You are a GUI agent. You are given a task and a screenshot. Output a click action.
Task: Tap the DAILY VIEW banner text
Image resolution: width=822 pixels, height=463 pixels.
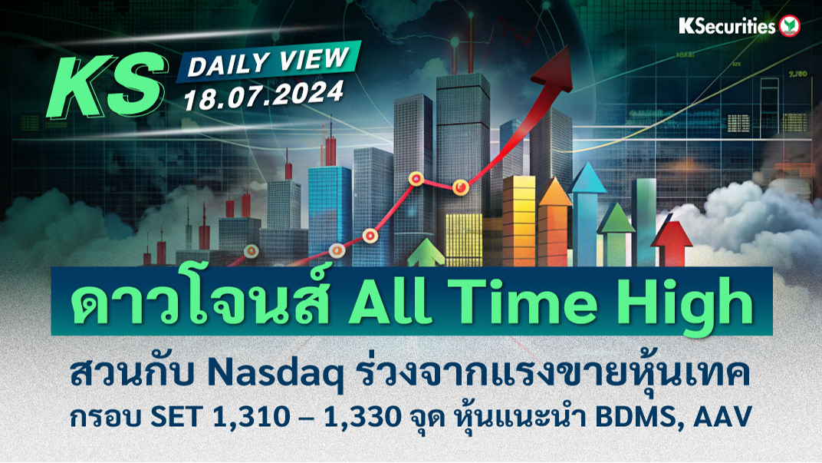[x=268, y=61]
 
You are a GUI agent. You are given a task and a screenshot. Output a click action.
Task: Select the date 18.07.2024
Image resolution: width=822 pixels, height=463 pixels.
[x=264, y=95]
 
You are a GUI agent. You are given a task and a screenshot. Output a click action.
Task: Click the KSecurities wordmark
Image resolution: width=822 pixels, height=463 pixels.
[x=727, y=26]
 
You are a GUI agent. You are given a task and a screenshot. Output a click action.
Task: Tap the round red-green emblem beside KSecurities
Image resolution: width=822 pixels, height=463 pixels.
[x=790, y=26]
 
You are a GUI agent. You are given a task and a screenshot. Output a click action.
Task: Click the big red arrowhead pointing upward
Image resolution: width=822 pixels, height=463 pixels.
[x=554, y=68]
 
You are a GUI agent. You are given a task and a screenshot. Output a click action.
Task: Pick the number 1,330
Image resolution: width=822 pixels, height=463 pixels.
[x=363, y=418]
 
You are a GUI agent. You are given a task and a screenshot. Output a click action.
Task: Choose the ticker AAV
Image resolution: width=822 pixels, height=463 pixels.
[x=722, y=417]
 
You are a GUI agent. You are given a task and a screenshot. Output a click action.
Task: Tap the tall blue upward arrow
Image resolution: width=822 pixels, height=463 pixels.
[x=587, y=213]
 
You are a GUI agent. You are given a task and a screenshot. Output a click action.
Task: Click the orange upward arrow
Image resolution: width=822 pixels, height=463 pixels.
[x=554, y=221]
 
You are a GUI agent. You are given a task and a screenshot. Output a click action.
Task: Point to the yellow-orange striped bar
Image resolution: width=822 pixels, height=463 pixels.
[x=519, y=220]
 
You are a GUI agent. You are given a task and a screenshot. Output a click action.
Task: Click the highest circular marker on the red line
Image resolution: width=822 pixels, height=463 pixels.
[x=416, y=179]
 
